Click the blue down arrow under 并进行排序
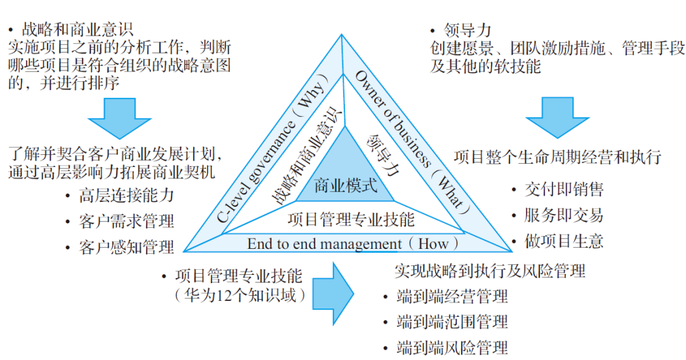point(119,118)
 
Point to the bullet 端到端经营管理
point(452,296)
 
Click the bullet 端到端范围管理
point(452,322)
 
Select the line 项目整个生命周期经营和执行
point(558,156)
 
